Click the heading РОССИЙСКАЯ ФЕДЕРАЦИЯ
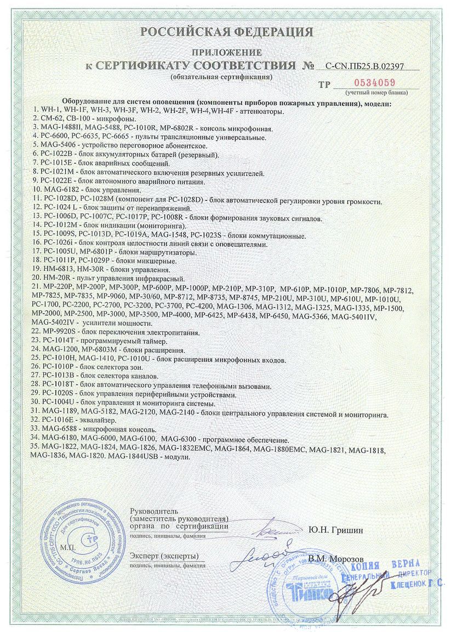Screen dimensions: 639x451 click(x=227, y=32)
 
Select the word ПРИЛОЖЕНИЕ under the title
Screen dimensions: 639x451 click(x=226, y=53)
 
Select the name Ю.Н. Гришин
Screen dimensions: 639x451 click(x=335, y=530)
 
